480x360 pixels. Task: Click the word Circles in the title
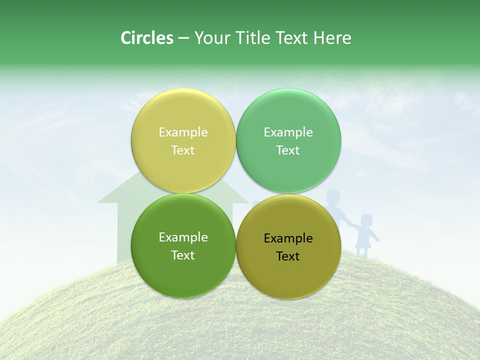[147, 38]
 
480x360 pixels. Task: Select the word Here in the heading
[332, 38]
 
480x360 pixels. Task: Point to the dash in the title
[183, 38]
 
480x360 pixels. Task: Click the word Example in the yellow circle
[183, 132]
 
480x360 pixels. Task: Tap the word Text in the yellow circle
[183, 150]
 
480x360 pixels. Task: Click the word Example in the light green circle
[288, 132]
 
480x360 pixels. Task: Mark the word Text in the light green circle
[288, 150]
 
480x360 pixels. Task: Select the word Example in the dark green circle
[183, 237]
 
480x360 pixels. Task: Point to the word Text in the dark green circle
[183, 255]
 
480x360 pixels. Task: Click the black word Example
[288, 238]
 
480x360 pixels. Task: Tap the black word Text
[288, 256]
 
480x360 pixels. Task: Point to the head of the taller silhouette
[333, 196]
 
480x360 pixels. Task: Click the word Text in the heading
[292, 38]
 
